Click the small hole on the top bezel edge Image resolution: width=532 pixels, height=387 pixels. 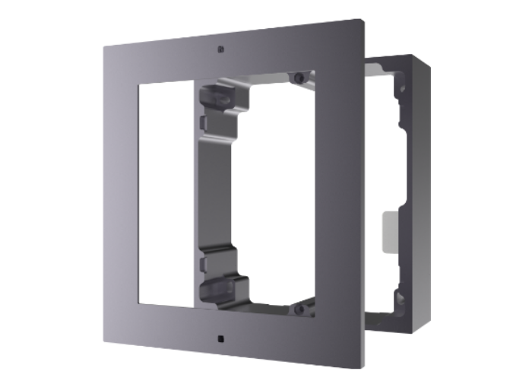[220, 49]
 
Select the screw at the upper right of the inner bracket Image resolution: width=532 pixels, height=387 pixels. [300, 78]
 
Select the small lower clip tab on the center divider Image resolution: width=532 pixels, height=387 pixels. [201, 263]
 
